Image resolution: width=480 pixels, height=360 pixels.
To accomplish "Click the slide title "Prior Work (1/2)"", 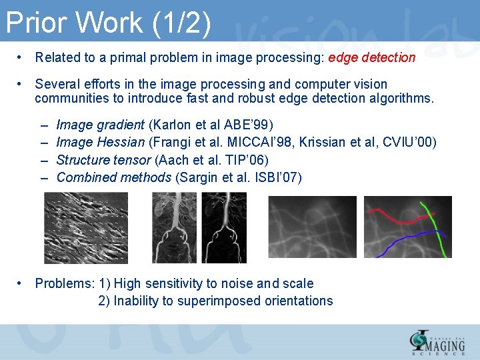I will tap(109, 23).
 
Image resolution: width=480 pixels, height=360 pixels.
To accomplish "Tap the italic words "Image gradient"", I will tap(100, 125).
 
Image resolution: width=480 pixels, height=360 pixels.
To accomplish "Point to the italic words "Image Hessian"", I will tap(100, 142).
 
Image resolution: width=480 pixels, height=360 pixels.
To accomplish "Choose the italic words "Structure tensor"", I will tap(103, 160).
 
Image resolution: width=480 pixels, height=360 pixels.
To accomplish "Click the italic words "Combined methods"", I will tap(113, 177).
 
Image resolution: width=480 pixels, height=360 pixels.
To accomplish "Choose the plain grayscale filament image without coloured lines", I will tap(312, 227).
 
